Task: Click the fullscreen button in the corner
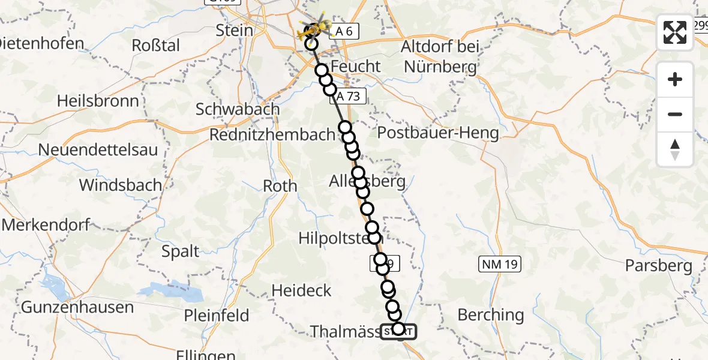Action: click(675, 32)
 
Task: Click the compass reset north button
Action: click(675, 149)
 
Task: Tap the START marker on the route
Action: click(398, 331)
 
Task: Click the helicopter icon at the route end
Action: click(317, 27)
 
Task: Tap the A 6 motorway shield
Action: click(344, 32)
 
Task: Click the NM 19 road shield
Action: click(499, 263)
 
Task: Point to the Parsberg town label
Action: click(659, 265)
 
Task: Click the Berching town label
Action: click(490, 314)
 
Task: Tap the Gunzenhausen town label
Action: click(77, 307)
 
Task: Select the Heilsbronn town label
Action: click(98, 100)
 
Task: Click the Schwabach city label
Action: click(238, 109)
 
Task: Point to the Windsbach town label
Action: click(121, 185)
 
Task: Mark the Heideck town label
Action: click(301, 290)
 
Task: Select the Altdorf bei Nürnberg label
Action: click(440, 56)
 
